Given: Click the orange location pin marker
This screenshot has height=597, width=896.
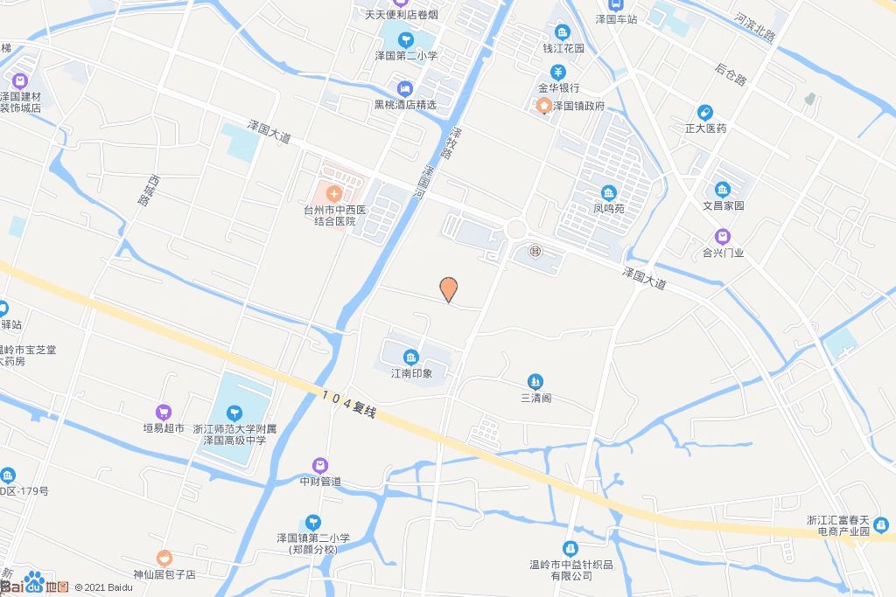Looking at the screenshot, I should (448, 288).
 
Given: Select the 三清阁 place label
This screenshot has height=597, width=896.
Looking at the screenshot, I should (535, 398).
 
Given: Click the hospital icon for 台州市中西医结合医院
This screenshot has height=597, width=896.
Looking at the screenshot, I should (333, 191).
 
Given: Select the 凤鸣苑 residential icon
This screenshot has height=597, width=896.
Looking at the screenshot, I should (608, 192).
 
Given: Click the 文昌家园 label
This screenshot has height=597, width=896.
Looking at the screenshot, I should (723, 205).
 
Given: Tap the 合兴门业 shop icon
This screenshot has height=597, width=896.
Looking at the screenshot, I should (723, 236).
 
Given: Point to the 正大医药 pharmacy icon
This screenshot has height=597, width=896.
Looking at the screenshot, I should (704, 112).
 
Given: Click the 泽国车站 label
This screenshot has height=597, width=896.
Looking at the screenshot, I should (617, 18).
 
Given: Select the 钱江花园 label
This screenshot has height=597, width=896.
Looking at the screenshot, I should (563, 49).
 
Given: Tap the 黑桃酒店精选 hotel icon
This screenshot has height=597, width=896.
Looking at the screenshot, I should (404, 88).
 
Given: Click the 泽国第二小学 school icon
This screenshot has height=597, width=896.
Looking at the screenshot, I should (406, 38).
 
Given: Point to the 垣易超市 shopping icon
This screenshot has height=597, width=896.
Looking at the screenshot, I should (164, 412).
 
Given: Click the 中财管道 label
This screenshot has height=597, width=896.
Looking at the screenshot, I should (320, 482).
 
